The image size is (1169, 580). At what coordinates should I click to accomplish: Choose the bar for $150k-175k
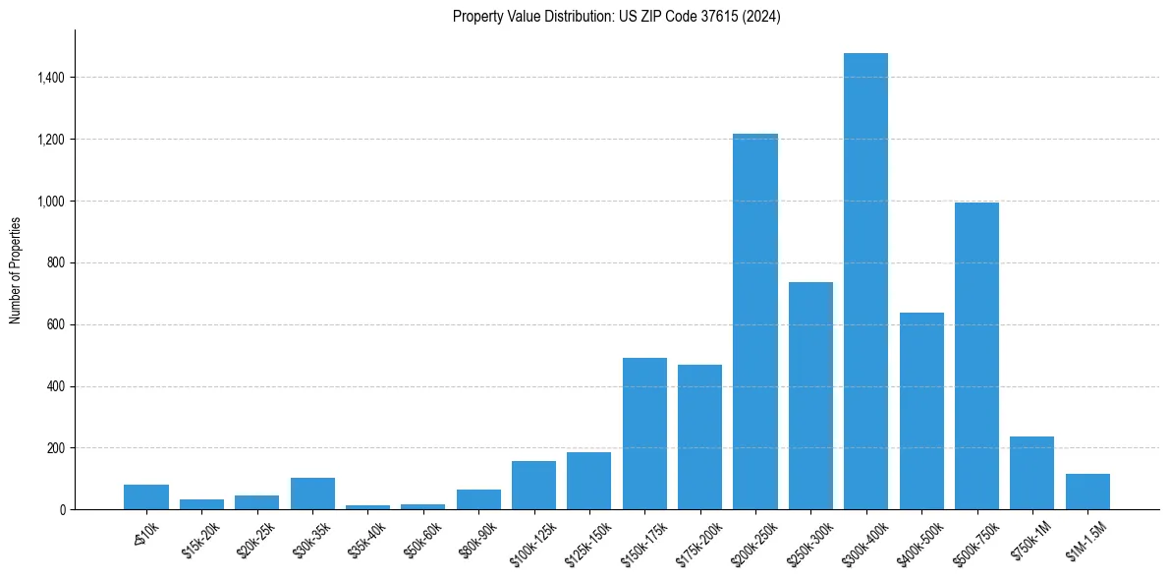click(644, 434)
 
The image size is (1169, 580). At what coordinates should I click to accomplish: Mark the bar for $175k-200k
click(699, 436)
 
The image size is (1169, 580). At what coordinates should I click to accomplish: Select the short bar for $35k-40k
click(367, 507)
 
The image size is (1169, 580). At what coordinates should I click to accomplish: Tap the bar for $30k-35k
click(312, 493)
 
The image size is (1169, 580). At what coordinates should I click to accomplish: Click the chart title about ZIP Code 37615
click(616, 17)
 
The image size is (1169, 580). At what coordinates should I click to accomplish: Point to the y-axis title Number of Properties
click(16, 269)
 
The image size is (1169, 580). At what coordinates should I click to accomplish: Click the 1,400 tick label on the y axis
click(50, 78)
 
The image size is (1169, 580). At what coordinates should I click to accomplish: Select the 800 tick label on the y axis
click(56, 262)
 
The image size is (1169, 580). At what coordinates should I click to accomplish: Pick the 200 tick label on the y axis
click(56, 448)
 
